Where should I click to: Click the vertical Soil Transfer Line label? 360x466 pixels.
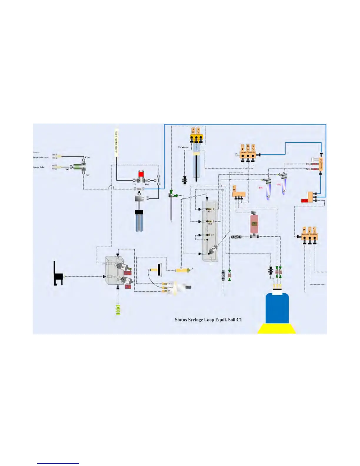(116, 142)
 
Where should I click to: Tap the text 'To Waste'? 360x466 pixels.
(183, 147)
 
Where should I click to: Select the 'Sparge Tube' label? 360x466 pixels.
(39, 167)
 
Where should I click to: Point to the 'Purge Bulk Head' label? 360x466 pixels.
(41, 157)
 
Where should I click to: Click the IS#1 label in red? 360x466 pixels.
(261, 188)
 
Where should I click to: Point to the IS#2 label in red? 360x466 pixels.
(279, 184)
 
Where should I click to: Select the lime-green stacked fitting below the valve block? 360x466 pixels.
(118, 310)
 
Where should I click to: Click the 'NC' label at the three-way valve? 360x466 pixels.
(88, 175)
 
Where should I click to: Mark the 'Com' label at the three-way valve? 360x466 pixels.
(88, 157)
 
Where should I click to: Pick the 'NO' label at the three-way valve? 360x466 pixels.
(67, 169)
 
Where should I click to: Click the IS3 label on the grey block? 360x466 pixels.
(212, 235)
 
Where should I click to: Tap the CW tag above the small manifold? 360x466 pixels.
(234, 188)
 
